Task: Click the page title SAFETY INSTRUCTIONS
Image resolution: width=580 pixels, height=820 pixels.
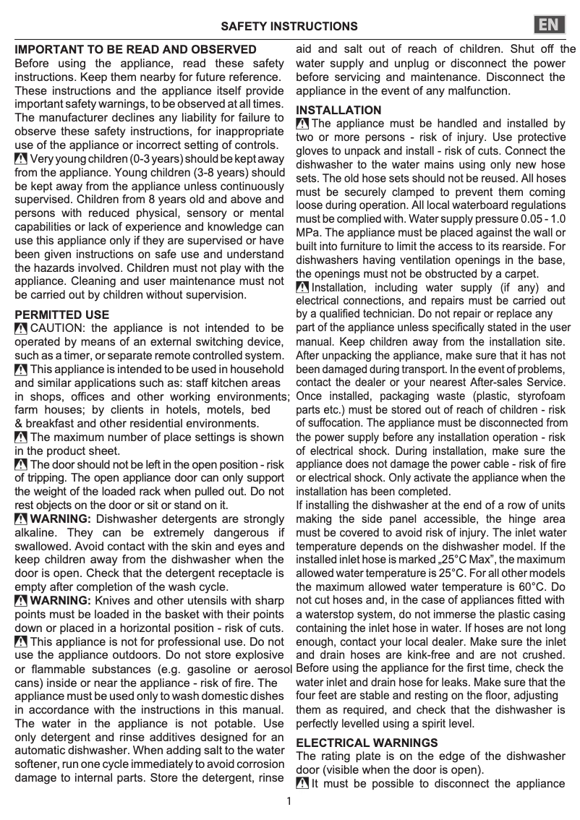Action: point(289,27)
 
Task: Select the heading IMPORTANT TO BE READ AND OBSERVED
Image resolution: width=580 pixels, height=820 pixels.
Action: point(136,50)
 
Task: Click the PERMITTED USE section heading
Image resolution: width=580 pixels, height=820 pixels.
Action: point(62,315)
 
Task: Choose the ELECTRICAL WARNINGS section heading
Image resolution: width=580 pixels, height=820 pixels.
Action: point(367,743)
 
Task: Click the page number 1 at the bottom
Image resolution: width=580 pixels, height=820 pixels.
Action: point(289,801)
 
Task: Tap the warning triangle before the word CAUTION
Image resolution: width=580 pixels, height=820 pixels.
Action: point(22,330)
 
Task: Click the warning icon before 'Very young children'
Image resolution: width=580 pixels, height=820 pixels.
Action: point(22,159)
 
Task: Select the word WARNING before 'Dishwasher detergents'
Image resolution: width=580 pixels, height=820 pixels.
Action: point(61,518)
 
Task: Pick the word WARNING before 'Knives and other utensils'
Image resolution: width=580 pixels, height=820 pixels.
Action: point(61,601)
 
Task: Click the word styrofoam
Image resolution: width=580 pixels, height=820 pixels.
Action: point(537,396)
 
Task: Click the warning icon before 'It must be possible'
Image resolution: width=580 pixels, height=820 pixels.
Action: point(303,784)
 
